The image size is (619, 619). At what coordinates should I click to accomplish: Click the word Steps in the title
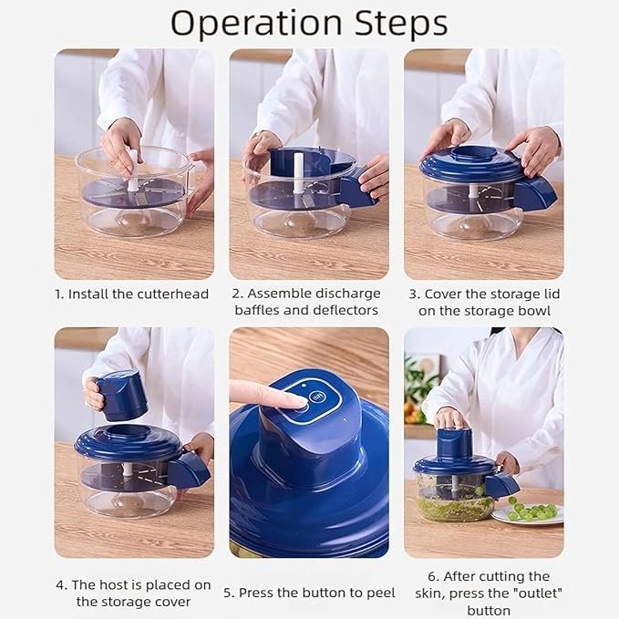pos(392,23)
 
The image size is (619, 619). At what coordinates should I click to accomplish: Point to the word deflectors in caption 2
pos(341,311)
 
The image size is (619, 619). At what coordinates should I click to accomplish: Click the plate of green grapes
pos(529,513)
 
